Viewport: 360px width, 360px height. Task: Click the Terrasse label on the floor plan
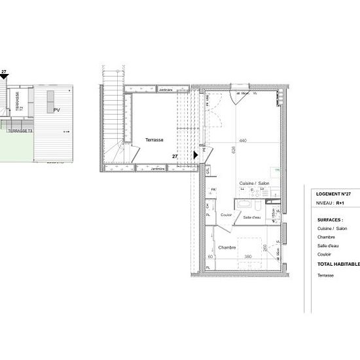pyautogui.click(x=154, y=140)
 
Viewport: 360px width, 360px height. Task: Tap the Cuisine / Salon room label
pyautogui.click(x=255, y=183)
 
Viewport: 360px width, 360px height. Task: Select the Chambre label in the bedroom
pyautogui.click(x=228, y=247)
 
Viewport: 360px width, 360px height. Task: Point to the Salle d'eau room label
pyautogui.click(x=252, y=217)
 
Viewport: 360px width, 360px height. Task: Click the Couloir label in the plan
pyautogui.click(x=226, y=215)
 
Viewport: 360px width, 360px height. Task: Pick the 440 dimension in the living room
pyautogui.click(x=243, y=141)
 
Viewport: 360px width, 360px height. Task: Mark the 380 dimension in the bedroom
pyautogui.click(x=248, y=257)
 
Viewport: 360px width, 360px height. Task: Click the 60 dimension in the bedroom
pyautogui.click(x=209, y=257)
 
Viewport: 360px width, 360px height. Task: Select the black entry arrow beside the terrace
pyautogui.click(x=196, y=155)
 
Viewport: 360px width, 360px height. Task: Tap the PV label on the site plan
pyautogui.click(x=56, y=110)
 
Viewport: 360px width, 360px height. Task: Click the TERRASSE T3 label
pyautogui.click(x=20, y=131)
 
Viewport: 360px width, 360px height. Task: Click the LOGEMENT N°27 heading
pyautogui.click(x=338, y=194)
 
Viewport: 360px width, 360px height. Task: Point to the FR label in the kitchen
pyautogui.click(x=213, y=190)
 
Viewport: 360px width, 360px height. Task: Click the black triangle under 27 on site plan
pyautogui.click(x=5, y=77)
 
